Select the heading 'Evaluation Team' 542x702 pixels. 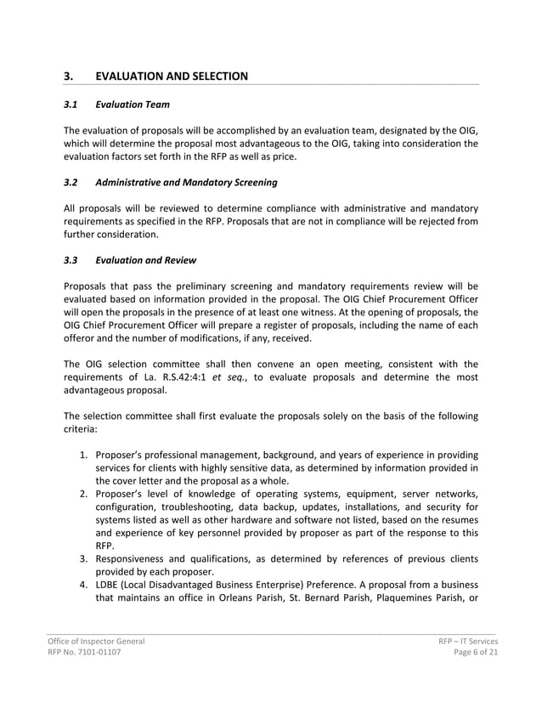(133, 105)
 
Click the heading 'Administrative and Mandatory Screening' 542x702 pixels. (186, 183)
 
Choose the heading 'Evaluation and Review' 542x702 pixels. (146, 261)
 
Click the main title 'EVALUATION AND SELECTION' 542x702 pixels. (172, 76)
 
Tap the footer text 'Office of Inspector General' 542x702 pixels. (96, 641)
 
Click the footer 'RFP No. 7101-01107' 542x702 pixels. (84, 653)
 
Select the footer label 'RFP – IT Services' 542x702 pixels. (462, 641)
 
